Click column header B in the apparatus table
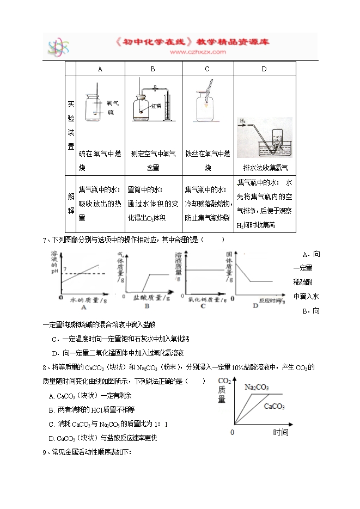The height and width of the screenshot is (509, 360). (153, 69)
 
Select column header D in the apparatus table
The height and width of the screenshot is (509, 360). (265, 69)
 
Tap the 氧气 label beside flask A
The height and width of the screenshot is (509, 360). (113, 102)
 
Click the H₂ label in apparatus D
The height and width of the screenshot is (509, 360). (243, 121)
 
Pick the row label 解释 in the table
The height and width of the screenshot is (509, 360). (71, 204)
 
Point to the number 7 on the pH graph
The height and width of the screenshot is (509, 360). (65, 270)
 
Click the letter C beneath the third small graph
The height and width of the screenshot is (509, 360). (203, 306)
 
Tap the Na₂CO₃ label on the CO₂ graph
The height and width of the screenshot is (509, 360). (256, 387)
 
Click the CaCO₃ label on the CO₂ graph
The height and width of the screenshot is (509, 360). (275, 406)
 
